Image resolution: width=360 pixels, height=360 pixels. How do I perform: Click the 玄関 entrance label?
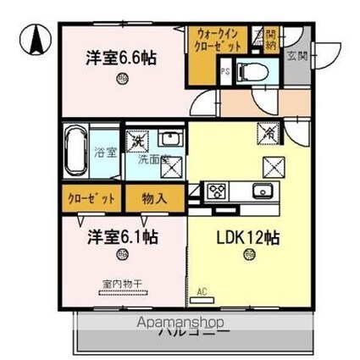297,58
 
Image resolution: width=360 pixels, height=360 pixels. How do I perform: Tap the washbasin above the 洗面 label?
170,141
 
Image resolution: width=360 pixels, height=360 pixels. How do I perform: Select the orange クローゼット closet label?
91,198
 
